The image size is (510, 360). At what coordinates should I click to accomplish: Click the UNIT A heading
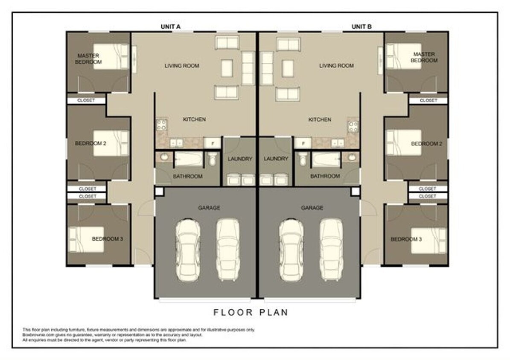171,26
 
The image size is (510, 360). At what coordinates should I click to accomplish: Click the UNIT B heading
361,26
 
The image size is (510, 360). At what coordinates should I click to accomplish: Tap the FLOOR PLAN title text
251,313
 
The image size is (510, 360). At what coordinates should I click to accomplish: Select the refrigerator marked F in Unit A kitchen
212,143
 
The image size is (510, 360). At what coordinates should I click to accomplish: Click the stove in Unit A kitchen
162,125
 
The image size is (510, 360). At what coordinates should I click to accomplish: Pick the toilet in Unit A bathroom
213,160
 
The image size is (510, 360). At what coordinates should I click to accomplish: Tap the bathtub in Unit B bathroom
326,160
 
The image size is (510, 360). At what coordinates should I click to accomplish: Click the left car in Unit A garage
188,250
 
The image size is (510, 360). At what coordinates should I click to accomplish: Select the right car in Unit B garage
331,250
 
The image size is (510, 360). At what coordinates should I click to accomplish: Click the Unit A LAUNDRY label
240,159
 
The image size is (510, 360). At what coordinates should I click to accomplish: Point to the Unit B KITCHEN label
320,120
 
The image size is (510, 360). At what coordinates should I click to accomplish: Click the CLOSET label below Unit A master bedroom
87,101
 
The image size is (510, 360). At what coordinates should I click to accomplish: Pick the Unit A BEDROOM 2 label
90,143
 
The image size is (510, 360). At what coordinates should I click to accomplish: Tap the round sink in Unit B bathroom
352,157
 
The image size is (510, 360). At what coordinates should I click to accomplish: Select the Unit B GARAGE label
312,208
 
